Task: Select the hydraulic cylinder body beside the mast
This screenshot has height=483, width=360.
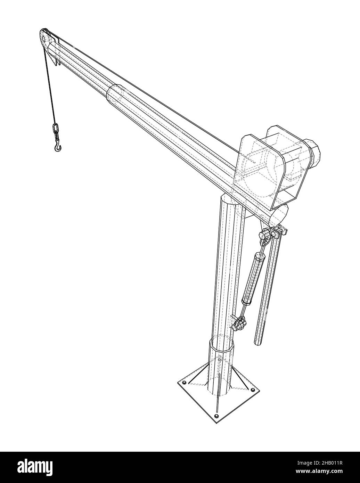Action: pyautogui.click(x=253, y=278)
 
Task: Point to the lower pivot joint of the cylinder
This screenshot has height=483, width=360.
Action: pyautogui.click(x=239, y=323)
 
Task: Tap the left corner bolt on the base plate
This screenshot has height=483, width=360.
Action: pyautogui.click(x=184, y=383)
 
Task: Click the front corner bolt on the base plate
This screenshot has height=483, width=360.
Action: pyautogui.click(x=217, y=416)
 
